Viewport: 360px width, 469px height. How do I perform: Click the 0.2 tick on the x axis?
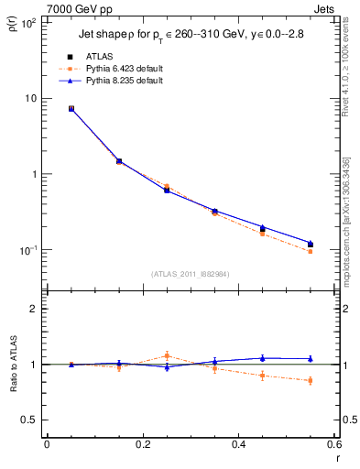(142, 446)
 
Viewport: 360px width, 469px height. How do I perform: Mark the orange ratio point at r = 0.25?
(167, 355)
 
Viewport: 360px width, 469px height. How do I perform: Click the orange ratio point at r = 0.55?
(310, 380)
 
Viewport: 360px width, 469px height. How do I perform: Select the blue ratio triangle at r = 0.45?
(262, 358)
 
